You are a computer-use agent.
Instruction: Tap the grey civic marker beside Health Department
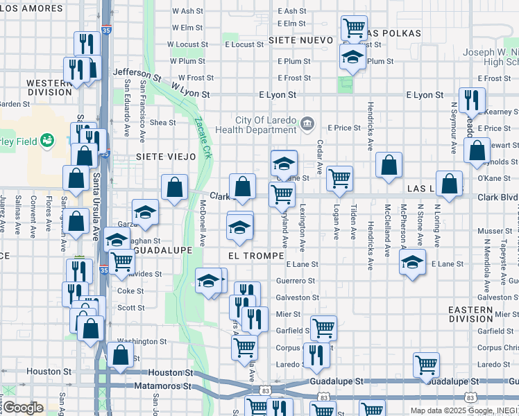point(307,124)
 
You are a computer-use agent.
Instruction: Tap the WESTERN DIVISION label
point(49,87)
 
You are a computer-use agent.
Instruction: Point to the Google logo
point(23,408)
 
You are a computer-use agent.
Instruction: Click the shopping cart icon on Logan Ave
point(339,178)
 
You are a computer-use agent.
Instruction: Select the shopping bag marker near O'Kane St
point(450,184)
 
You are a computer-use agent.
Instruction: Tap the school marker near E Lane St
point(412,263)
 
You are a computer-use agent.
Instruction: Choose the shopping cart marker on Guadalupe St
point(426,364)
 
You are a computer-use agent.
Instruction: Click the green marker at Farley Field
point(46,141)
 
